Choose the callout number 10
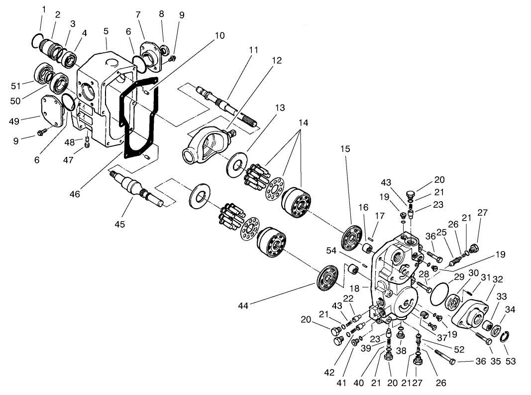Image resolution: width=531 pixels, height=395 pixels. tap(219, 36)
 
